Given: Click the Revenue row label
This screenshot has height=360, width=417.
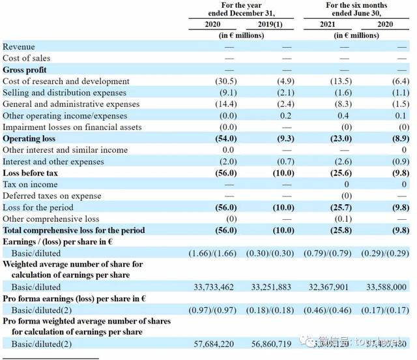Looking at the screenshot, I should point(19,47).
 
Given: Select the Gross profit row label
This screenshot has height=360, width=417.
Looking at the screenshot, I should point(25,70).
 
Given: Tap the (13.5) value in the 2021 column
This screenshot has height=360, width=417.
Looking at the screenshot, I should point(342,82).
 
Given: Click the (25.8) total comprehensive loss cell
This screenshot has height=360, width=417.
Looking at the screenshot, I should point(342,230).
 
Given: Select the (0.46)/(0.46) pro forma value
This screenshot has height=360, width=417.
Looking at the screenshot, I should point(329,310).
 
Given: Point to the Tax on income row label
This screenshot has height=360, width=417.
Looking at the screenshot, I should point(30,185).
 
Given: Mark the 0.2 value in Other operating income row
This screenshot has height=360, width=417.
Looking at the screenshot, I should point(285,116).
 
